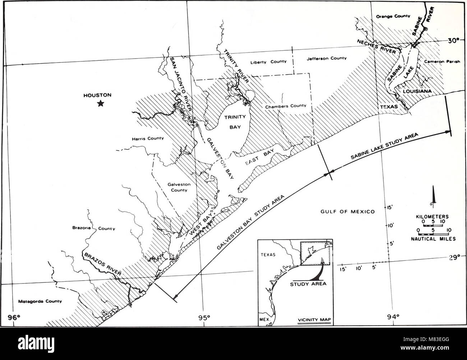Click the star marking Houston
[101, 103]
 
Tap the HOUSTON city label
[97, 95]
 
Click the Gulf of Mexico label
[347, 212]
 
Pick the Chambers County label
[286, 106]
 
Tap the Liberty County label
[273, 61]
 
